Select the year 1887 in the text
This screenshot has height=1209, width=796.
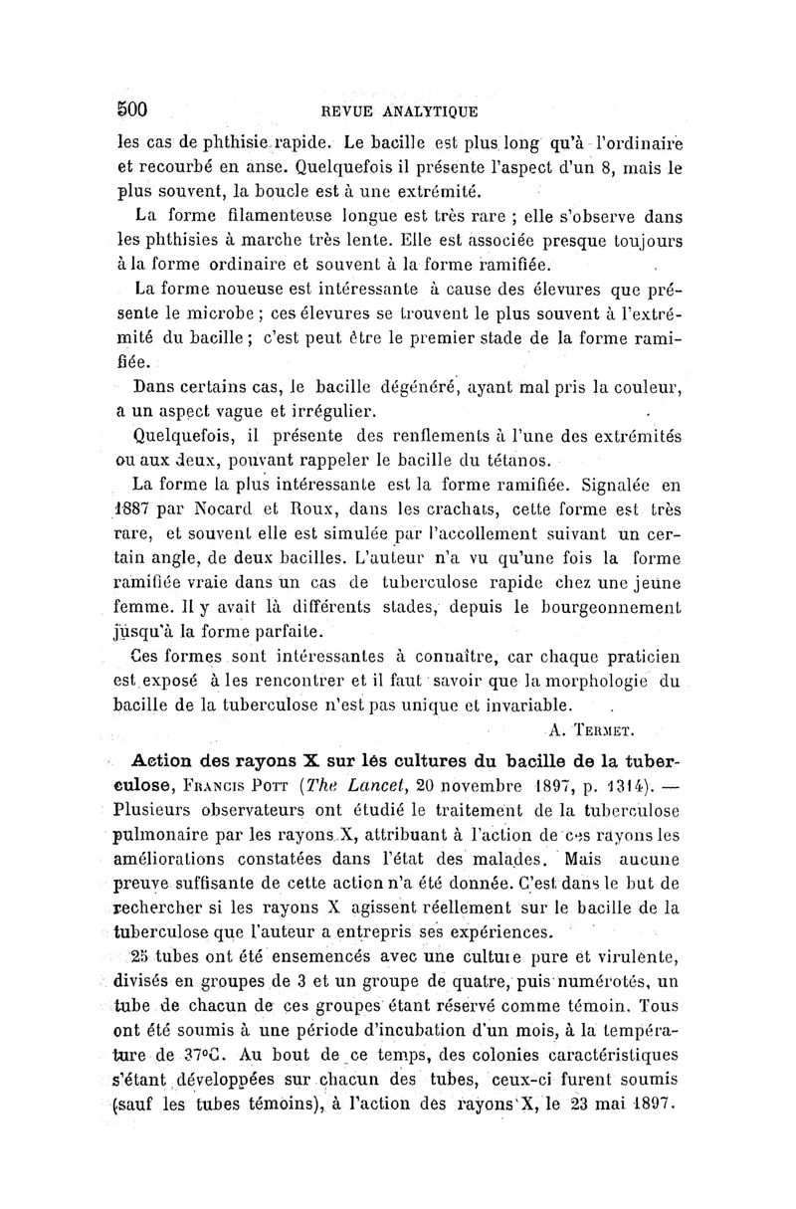[132, 510]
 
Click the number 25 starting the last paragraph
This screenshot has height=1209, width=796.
[142, 956]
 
